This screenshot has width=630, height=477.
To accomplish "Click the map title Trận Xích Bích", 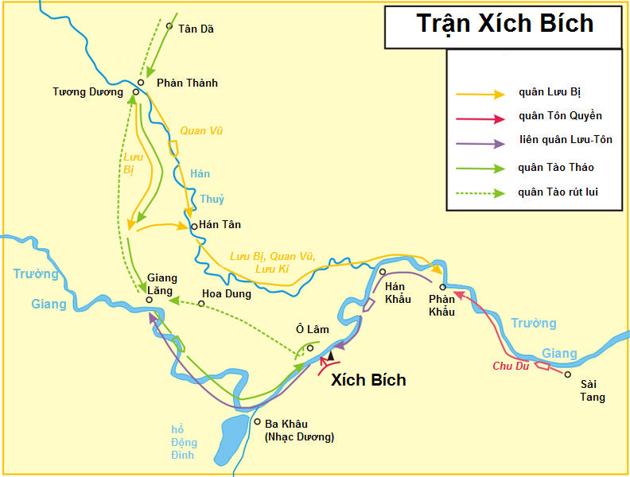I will tap(504, 23).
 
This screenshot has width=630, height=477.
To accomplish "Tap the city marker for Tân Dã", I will tap(169, 25).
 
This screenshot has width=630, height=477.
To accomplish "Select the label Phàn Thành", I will tap(187, 83).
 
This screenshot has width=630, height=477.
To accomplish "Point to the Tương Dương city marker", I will tap(136, 92).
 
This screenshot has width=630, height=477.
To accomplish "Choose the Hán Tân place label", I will tap(220, 226).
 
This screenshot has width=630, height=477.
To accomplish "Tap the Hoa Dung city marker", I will tap(201, 304).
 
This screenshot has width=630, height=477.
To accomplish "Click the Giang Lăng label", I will tap(161, 284).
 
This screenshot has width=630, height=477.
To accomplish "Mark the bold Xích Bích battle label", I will tap(367, 380).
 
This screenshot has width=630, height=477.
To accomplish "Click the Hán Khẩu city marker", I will tap(383, 272).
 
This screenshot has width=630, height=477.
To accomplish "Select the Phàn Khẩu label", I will tap(441, 305).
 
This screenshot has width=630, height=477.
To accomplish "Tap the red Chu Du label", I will tap(511, 366).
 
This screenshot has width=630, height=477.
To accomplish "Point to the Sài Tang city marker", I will tap(568, 374).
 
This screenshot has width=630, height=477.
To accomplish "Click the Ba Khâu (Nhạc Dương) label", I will tap(297, 430).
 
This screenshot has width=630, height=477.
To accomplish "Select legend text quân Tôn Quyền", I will tap(560, 116).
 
